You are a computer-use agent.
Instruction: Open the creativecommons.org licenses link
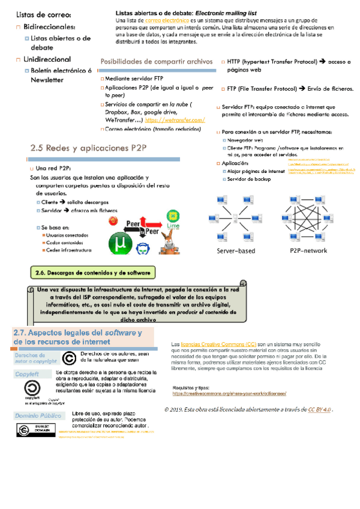point(230,393)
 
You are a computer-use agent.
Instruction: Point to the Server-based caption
point(236,250)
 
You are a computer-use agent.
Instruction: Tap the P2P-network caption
point(308,250)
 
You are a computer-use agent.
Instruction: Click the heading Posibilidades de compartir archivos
point(157,61)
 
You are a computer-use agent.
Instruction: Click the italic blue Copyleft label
point(28,374)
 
